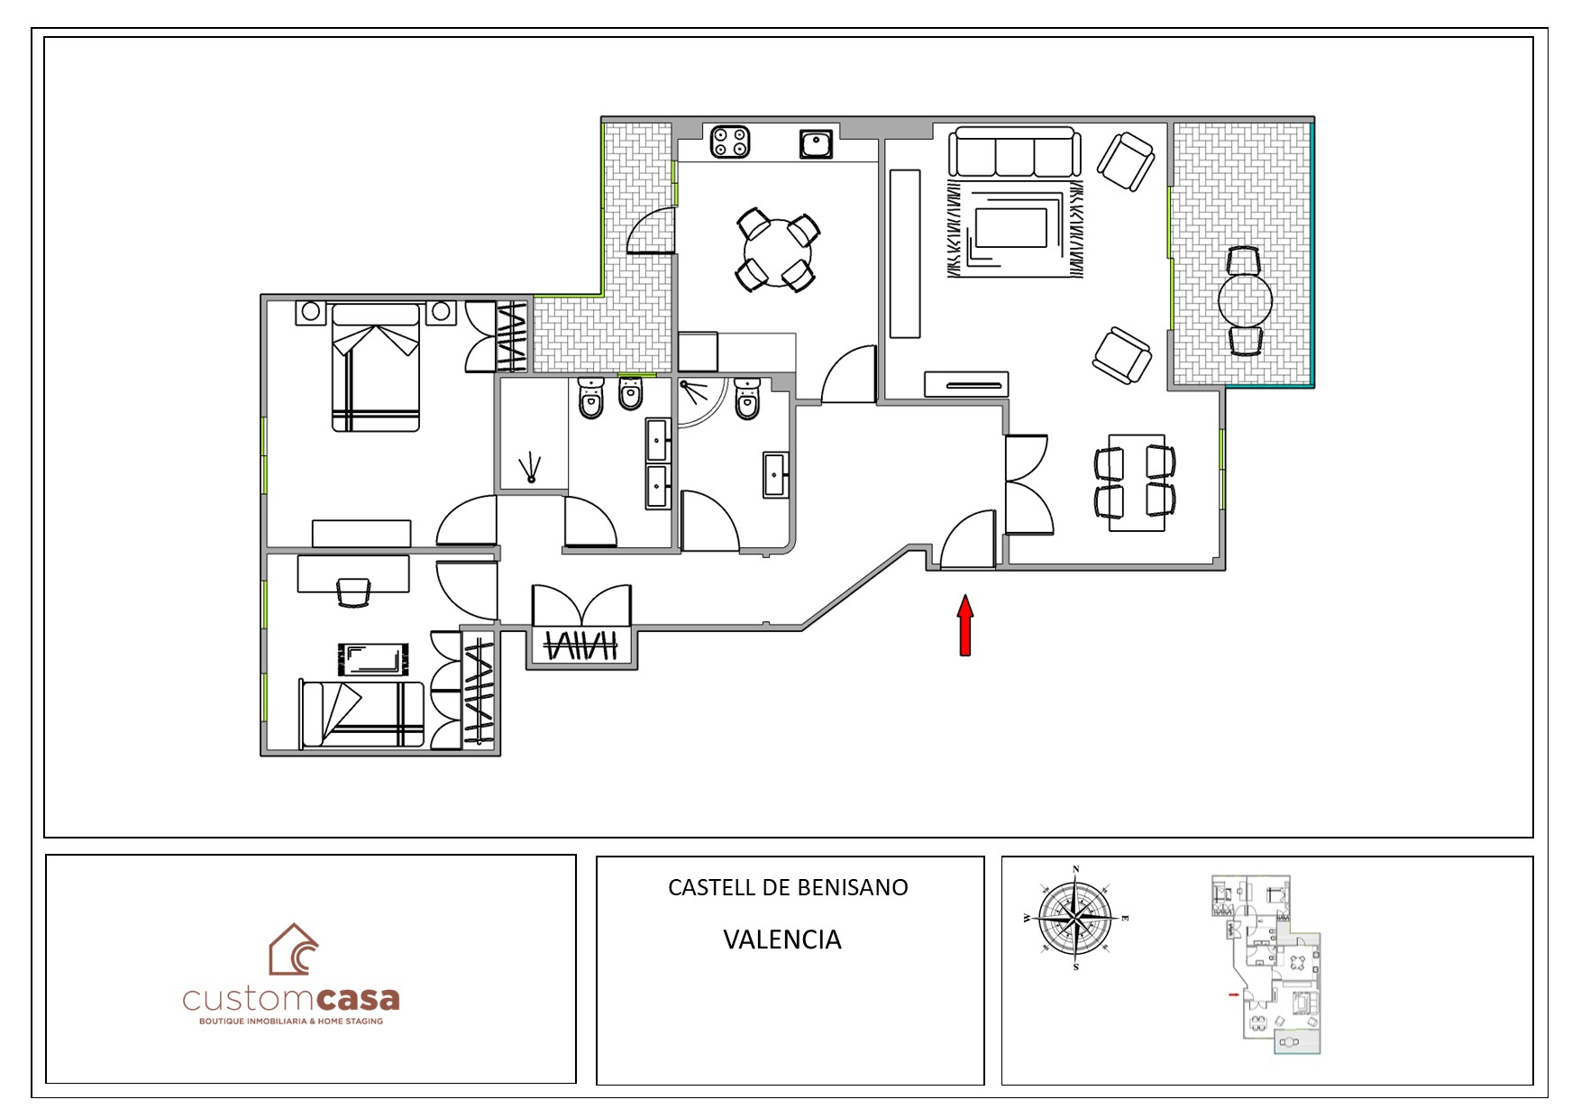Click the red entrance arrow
(x=965, y=625)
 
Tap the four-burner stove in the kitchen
(x=730, y=142)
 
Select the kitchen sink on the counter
(x=817, y=144)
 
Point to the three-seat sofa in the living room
(x=1014, y=152)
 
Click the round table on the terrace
(x=1245, y=301)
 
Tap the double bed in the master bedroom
(x=376, y=367)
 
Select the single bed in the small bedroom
(x=361, y=714)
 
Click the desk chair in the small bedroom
(x=353, y=592)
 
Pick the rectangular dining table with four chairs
(x=1136, y=482)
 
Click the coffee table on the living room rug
(x=1011, y=228)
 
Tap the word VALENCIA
(x=782, y=939)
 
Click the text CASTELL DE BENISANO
(x=788, y=887)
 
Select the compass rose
(x=1075, y=919)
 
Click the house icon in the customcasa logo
(x=294, y=949)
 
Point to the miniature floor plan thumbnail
(x=1266, y=965)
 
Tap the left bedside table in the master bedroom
(x=310, y=312)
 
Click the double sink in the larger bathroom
(x=658, y=463)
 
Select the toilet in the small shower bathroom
(x=748, y=399)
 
